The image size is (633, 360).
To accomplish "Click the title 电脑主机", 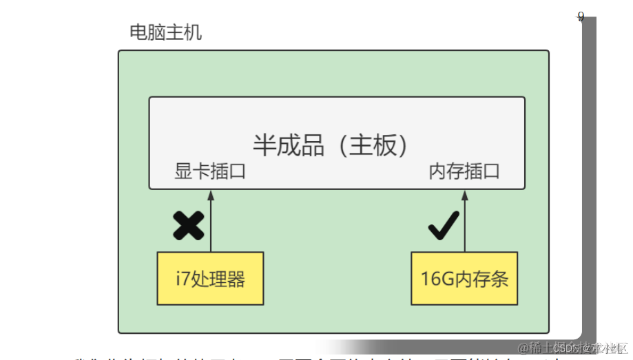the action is point(165,32).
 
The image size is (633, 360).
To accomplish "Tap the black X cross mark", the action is point(188,226).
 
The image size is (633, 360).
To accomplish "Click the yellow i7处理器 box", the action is point(210,279).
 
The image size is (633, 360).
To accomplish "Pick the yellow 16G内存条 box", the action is point(464,279).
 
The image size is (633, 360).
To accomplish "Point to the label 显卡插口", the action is point(210,171).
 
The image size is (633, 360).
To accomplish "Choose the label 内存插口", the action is point(464,171).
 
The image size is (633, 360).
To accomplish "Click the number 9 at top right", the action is point(581,17).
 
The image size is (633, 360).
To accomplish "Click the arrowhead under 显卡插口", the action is point(211,195).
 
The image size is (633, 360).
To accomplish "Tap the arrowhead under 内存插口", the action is point(465,195).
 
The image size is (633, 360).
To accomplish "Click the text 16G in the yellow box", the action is point(434,279).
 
